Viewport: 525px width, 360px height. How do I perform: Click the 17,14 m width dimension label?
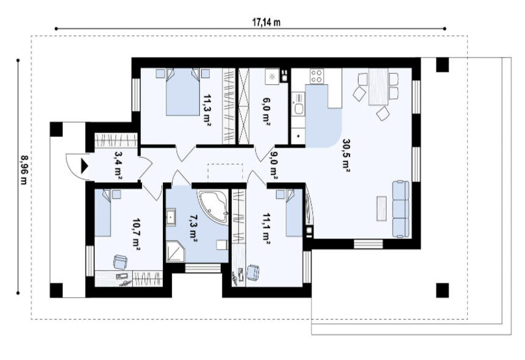coord(266,22)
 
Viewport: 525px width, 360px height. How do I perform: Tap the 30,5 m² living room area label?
coord(346,155)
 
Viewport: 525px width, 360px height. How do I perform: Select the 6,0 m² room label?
coord(266,112)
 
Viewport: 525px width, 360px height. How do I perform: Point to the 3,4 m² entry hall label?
coord(118,165)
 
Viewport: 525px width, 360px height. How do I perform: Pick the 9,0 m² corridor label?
coord(273,165)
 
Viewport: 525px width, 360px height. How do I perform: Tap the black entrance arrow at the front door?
coord(84,165)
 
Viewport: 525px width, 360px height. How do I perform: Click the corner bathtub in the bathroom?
coord(213,207)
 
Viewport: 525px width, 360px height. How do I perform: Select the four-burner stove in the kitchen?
coord(316,76)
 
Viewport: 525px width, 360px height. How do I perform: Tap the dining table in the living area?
coord(378,87)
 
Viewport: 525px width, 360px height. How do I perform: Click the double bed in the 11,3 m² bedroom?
coord(183,92)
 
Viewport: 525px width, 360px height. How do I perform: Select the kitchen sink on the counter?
coord(298,108)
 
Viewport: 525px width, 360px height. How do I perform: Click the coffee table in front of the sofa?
coord(381,208)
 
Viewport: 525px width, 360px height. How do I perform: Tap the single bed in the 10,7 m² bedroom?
coord(103,213)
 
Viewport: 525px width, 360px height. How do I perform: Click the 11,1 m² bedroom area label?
coord(266,229)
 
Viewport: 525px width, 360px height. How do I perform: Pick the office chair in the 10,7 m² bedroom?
coord(121,262)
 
